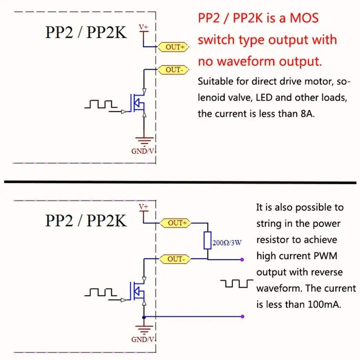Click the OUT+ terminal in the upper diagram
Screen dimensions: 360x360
click(x=174, y=46)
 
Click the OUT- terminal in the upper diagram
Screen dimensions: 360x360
click(x=174, y=70)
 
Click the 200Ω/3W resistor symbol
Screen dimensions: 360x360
click(x=207, y=241)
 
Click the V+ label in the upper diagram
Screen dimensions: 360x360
click(x=143, y=28)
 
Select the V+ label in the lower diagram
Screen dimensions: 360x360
click(x=143, y=206)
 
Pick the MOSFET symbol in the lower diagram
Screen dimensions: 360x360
click(x=138, y=290)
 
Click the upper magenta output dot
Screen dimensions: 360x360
click(x=243, y=259)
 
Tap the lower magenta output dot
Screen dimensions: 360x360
click(x=243, y=316)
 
